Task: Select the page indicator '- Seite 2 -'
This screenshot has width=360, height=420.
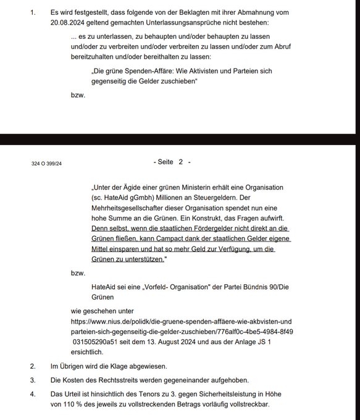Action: [x=172, y=162]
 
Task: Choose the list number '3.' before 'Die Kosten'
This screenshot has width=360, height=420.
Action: [x=33, y=379]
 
